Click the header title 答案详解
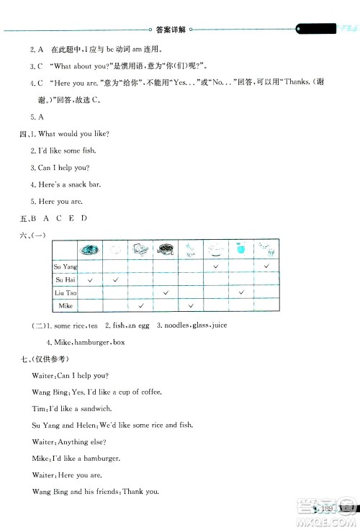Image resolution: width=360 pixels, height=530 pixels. click(x=171, y=30)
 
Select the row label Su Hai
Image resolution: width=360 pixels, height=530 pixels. click(x=65, y=279)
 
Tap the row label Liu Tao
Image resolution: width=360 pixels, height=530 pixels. click(x=65, y=292)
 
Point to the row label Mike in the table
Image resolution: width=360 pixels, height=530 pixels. click(x=66, y=306)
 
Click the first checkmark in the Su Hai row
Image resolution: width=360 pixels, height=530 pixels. click(x=90, y=279)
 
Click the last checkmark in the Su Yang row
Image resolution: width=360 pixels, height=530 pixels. click(x=267, y=266)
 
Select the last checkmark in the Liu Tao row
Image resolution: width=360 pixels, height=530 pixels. click(x=242, y=292)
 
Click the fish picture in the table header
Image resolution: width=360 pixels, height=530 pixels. click(x=90, y=250)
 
